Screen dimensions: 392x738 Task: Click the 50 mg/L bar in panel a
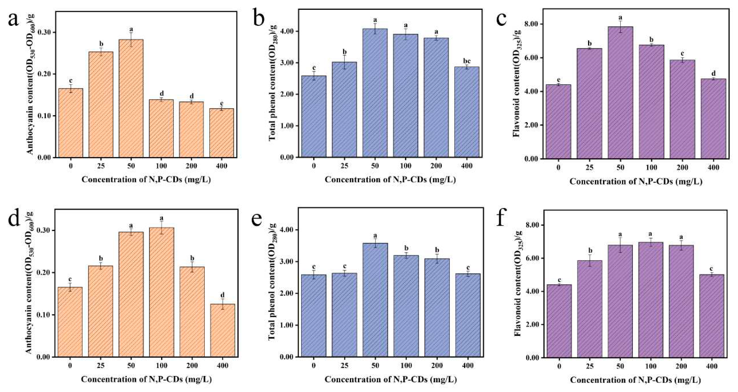pos(131,99)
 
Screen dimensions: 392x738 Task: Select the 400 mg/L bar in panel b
pos(467,112)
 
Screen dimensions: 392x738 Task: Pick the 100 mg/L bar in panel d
pos(162,292)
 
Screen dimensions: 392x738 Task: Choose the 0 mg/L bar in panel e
pos(314,315)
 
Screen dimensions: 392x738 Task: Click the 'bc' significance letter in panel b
pos(467,61)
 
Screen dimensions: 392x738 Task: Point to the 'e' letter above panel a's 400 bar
pos(222,103)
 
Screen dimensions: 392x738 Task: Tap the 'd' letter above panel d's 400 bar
pos(222,295)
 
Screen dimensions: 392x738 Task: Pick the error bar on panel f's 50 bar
pos(620,245)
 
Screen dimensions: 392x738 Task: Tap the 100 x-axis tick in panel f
pos(651,366)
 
